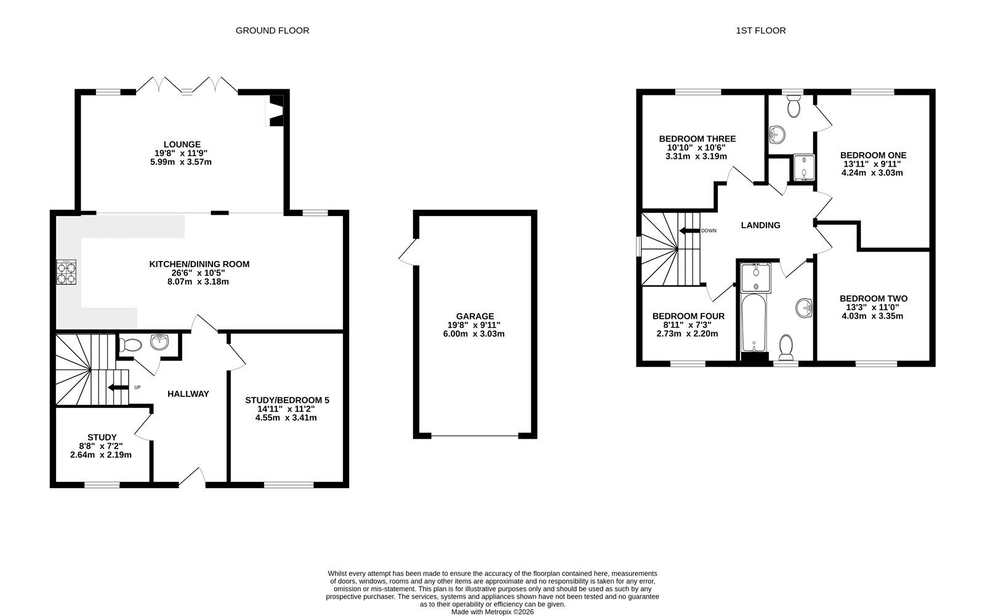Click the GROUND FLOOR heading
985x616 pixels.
[272, 30]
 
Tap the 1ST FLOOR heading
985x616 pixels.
[761, 30]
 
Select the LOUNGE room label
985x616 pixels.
[182, 144]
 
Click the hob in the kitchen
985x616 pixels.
[66, 272]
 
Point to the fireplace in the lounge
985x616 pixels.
[276, 111]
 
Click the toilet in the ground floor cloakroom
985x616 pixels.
[130, 345]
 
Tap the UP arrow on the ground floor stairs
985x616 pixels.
[118, 387]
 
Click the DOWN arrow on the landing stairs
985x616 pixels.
[689, 231]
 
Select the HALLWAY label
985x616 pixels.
[188, 394]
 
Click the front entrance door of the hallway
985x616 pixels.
[192, 478]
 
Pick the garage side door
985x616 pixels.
[409, 252]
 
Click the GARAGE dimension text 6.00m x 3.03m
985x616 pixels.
[474, 334]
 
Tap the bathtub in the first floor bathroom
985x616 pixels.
[754, 322]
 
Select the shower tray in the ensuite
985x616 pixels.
[804, 167]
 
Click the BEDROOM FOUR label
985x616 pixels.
[689, 316]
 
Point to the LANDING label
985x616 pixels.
[761, 225]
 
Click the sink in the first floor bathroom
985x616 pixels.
[804, 308]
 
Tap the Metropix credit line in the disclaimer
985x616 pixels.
[492, 612]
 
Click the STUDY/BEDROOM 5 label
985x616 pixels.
[287, 400]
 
